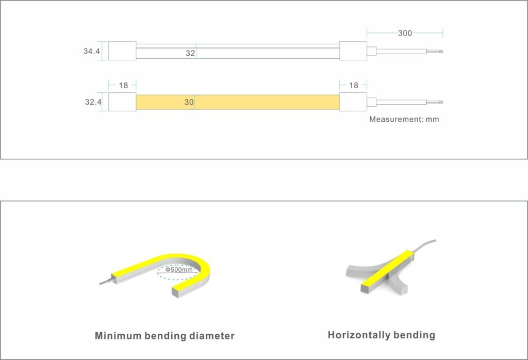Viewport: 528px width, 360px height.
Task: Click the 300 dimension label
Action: coord(405,34)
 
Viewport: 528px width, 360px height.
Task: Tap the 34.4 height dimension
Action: coord(91,51)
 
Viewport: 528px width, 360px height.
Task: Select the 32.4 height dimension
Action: coord(93,102)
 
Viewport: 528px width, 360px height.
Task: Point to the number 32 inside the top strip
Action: coord(190,53)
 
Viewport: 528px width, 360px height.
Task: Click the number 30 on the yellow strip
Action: coord(189,103)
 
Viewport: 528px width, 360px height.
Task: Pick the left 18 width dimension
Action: coord(123,85)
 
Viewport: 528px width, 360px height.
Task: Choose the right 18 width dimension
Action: coord(353,85)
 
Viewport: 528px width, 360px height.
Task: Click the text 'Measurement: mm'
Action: coord(404,119)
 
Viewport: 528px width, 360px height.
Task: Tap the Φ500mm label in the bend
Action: coord(179,270)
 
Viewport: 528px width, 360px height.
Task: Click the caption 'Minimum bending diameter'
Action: coord(164,336)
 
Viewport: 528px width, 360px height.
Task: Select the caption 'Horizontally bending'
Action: coord(381,335)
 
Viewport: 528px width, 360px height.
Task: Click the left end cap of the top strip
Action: coord(122,51)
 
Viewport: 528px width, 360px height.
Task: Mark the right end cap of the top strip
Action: coord(353,51)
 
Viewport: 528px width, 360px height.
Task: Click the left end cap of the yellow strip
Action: coord(122,102)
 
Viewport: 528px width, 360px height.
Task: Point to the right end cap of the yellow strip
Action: coord(353,102)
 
